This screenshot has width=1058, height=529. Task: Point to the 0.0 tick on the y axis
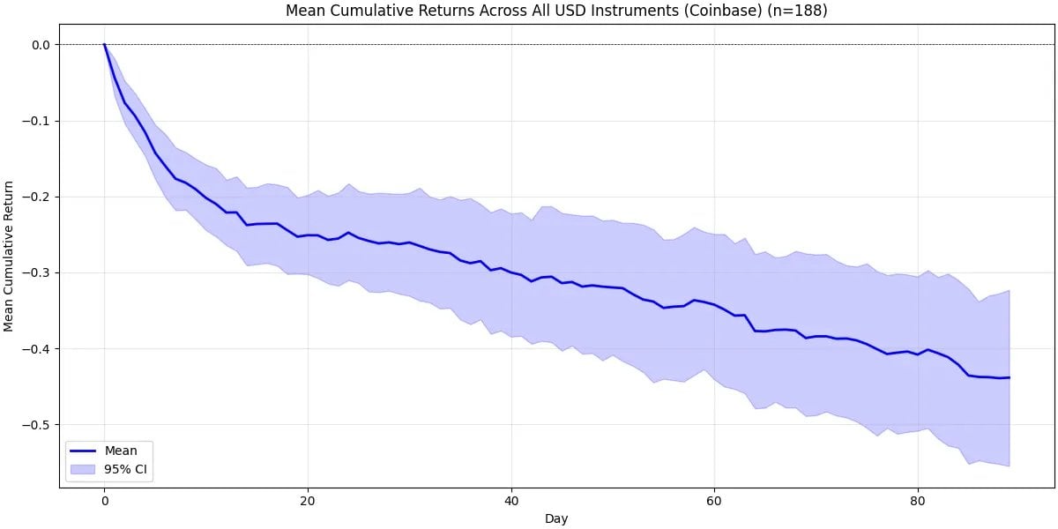(40, 45)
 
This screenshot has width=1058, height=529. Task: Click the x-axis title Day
(556, 518)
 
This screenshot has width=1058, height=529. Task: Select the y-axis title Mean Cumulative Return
(11, 256)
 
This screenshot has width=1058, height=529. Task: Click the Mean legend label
(121, 451)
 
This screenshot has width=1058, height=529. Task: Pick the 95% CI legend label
(128, 470)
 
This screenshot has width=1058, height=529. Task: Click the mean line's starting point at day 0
(104, 44)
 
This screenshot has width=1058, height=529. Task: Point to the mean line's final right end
(1010, 377)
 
